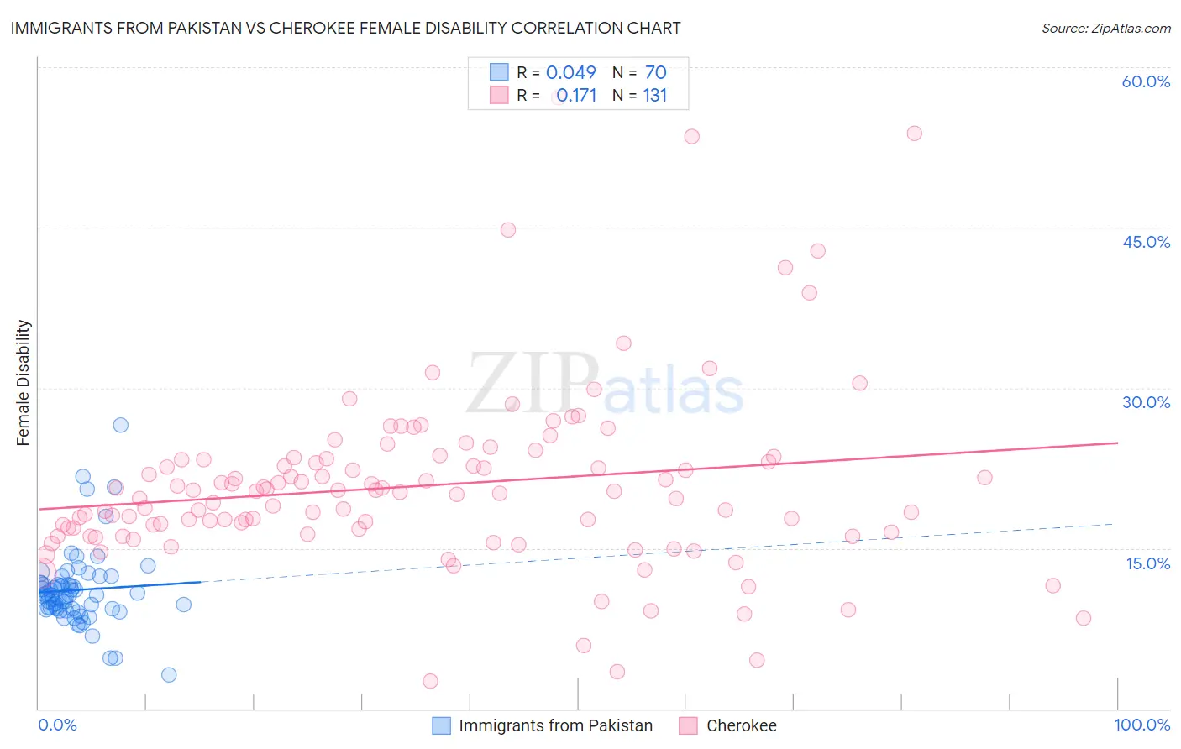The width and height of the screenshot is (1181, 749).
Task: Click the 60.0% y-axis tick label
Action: pyautogui.click(x=1146, y=81)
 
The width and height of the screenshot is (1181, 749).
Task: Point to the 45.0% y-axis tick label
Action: pyautogui.click(x=1146, y=242)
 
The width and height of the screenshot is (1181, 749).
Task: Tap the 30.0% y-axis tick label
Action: pyautogui.click(x=1146, y=402)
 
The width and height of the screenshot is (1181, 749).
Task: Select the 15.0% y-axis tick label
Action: pyautogui.click(x=1147, y=563)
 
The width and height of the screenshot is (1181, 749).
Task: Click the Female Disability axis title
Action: pyautogui.click(x=24, y=382)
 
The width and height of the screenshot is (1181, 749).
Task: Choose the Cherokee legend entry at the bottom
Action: pyautogui.click(x=741, y=726)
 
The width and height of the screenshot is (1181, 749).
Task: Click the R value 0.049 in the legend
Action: pyautogui.click(x=570, y=73)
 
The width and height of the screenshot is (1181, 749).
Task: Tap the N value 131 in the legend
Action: pyautogui.click(x=655, y=96)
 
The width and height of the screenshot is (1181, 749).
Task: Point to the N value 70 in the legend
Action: pyautogui.click(x=655, y=73)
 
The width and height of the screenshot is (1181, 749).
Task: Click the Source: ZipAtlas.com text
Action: pyautogui.click(x=1105, y=28)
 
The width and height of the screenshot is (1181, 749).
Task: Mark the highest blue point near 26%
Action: pyautogui.click(x=120, y=425)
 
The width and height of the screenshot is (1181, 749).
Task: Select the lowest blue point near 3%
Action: pyautogui.click(x=169, y=675)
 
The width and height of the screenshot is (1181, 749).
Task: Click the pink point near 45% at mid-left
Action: pyautogui.click(x=507, y=230)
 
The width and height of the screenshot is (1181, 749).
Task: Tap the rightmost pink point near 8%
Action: pyautogui.click(x=1084, y=618)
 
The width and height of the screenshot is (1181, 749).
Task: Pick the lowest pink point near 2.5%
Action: pyautogui.click(x=430, y=681)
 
